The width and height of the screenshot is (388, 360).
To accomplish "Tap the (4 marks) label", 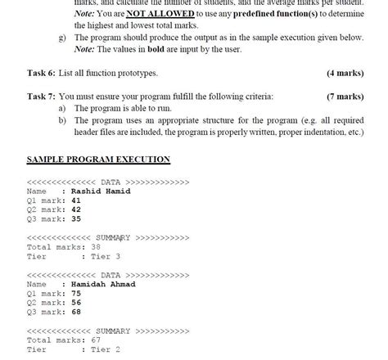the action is [345, 73].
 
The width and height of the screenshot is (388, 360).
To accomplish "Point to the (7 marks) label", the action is [345, 97].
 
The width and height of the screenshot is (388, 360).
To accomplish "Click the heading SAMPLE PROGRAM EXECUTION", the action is [98, 160].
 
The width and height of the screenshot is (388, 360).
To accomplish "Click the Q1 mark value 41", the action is [76, 200].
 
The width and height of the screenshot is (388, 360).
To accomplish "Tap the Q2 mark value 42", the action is [76, 209].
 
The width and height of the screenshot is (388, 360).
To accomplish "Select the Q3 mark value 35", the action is [76, 218].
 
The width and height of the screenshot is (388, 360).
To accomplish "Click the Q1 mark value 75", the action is [76, 293].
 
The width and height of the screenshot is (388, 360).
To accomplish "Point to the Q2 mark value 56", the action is [76, 303].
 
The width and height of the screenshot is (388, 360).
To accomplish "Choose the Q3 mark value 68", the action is [76, 312].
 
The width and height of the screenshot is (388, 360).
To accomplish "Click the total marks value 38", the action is [96, 246].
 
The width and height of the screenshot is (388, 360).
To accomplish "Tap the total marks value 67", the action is [96, 340].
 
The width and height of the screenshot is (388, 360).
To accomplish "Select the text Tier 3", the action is [106, 256].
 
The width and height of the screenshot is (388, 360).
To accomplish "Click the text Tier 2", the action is [106, 349].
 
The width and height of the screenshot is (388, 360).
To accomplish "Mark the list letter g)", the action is [62, 38].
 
